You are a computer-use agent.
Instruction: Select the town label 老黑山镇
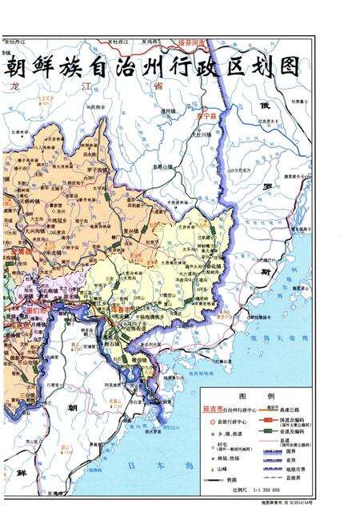pos(162,166)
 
